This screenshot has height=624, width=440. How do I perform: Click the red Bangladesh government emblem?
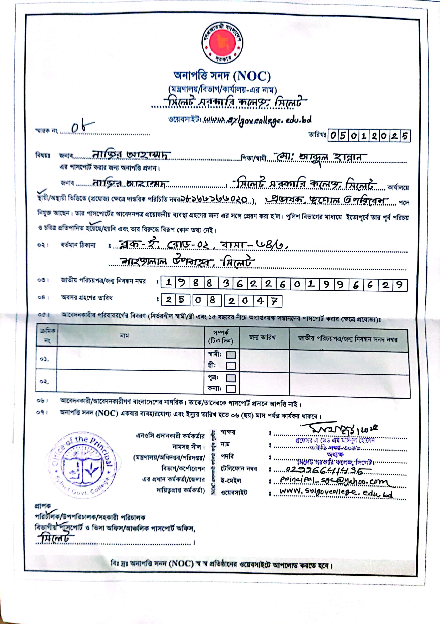coord(222,43)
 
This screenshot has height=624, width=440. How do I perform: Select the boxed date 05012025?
coord(369,136)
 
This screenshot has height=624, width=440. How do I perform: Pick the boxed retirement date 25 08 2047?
coord(221,301)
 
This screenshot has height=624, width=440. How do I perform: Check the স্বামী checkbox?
coord(231,355)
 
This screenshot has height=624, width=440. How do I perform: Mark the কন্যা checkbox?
coord(231,389)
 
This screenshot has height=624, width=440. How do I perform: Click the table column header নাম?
coord(124,336)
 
